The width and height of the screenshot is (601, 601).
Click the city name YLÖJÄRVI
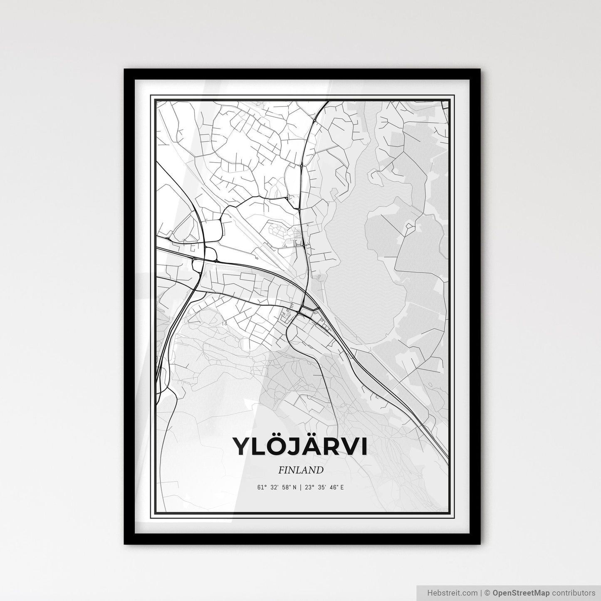(x=300, y=446)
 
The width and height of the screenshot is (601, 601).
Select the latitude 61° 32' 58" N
(x=277, y=487)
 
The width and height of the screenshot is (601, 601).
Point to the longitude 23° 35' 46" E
(x=324, y=487)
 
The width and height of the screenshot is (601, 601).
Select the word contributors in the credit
(x=574, y=593)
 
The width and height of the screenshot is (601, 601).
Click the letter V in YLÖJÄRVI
(x=351, y=447)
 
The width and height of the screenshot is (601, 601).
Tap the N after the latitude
(x=294, y=487)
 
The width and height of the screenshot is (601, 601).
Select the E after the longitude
(x=342, y=487)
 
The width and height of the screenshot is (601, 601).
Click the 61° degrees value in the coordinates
(x=262, y=487)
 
